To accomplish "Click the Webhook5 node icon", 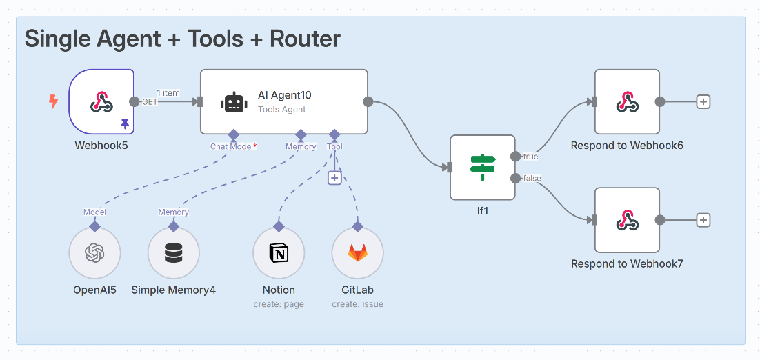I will [101, 103].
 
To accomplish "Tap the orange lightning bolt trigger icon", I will [53, 102].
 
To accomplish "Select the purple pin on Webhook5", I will [125, 123].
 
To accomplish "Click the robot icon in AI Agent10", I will [234, 103].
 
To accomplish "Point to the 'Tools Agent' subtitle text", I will [281, 109].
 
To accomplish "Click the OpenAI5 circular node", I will [94, 254].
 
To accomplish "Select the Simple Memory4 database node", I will [174, 254].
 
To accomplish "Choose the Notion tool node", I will [279, 254].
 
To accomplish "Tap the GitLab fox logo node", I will [357, 254].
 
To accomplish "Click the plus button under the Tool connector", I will [334, 178].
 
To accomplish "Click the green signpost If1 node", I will [482, 168].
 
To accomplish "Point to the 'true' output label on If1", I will [530, 157].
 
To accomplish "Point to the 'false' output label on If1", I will [532, 179].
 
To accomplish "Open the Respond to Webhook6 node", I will [627, 102].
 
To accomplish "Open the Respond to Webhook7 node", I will [627, 220].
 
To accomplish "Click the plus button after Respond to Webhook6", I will [703, 102].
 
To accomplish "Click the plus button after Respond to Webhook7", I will [703, 220].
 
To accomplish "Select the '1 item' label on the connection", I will [168, 92].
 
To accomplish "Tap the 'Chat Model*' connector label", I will [233, 146].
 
